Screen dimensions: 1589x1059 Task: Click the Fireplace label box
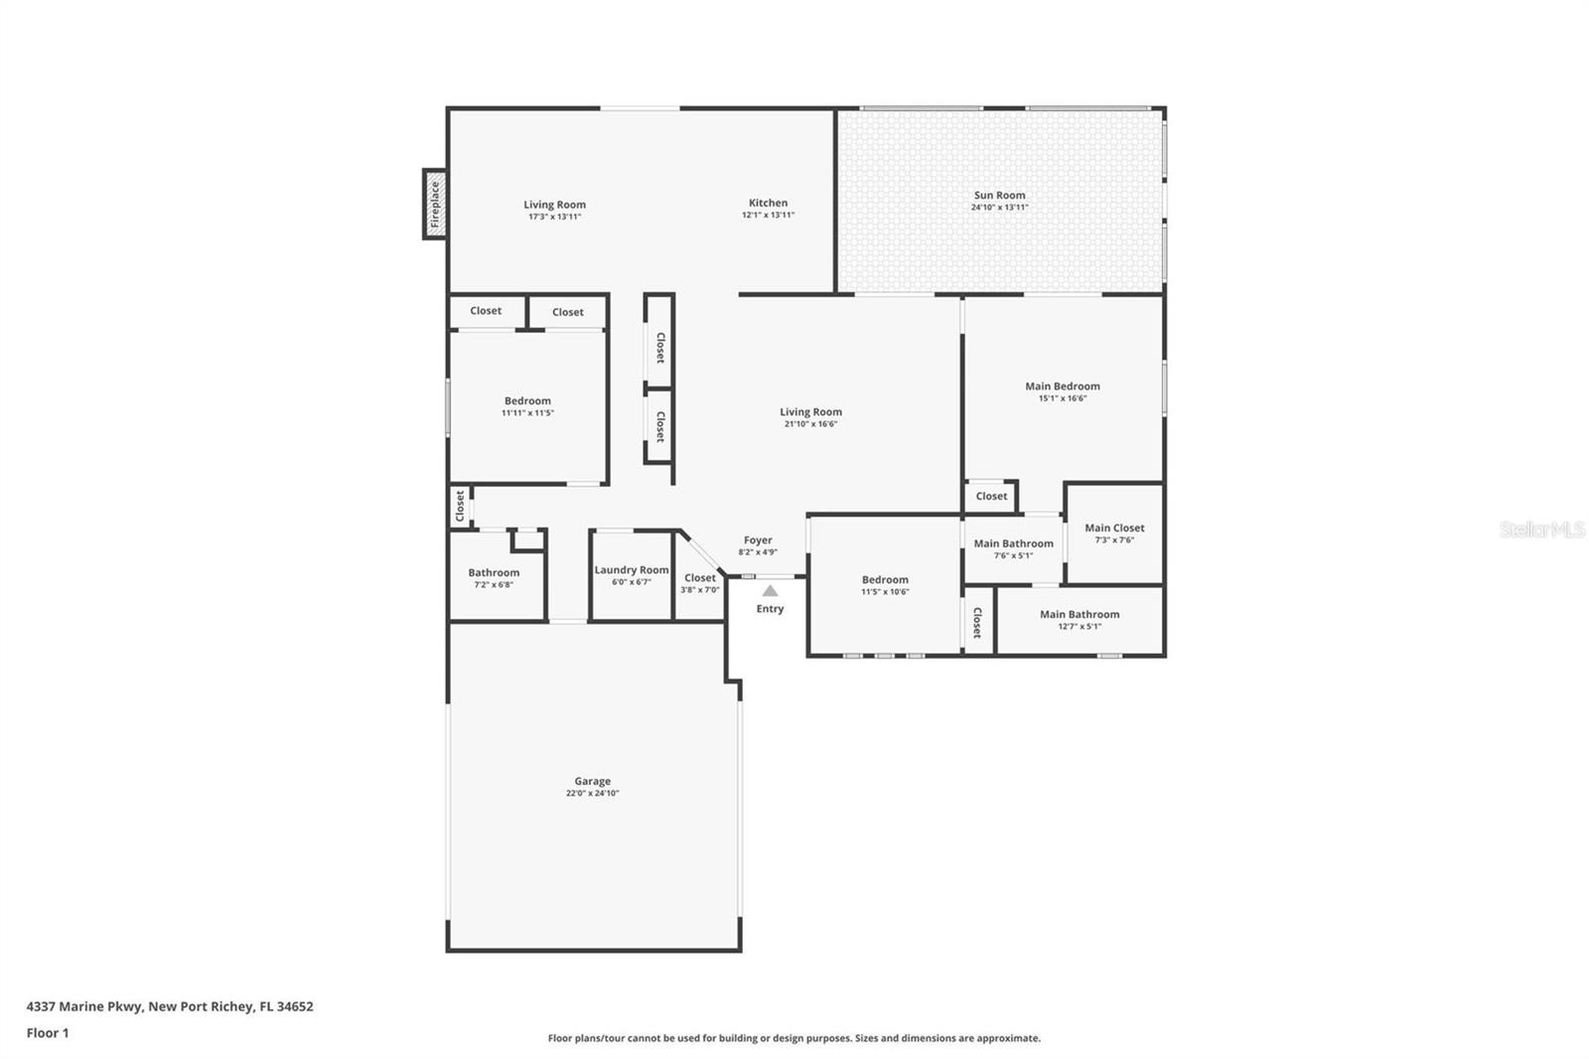(x=435, y=205)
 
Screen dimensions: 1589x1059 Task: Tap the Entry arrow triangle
(x=770, y=590)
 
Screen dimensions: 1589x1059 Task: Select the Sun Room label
(x=999, y=195)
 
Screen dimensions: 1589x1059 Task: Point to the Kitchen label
(x=769, y=203)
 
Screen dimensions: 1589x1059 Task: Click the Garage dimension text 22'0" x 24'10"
(x=592, y=793)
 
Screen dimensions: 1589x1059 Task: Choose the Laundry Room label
(x=632, y=570)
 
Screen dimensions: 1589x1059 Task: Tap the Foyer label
(x=758, y=540)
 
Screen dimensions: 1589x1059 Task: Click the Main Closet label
(x=1114, y=529)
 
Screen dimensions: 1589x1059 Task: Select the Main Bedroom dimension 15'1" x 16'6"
(x=1063, y=398)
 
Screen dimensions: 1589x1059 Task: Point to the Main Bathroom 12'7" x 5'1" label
(x=1080, y=620)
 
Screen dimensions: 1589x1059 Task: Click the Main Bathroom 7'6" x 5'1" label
(x=1013, y=548)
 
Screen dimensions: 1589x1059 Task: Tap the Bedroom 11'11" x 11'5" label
(x=527, y=406)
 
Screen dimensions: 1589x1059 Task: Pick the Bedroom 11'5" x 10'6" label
(x=885, y=585)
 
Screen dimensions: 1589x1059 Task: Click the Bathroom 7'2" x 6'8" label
(x=494, y=578)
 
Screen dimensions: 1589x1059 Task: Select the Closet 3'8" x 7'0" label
(x=700, y=583)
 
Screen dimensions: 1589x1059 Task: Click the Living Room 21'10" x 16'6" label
(x=810, y=417)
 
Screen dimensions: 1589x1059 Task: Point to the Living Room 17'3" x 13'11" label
(x=555, y=210)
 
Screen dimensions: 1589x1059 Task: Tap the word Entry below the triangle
(x=770, y=609)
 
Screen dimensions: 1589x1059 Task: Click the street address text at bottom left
(x=170, y=1006)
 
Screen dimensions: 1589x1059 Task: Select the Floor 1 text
(x=48, y=1033)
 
